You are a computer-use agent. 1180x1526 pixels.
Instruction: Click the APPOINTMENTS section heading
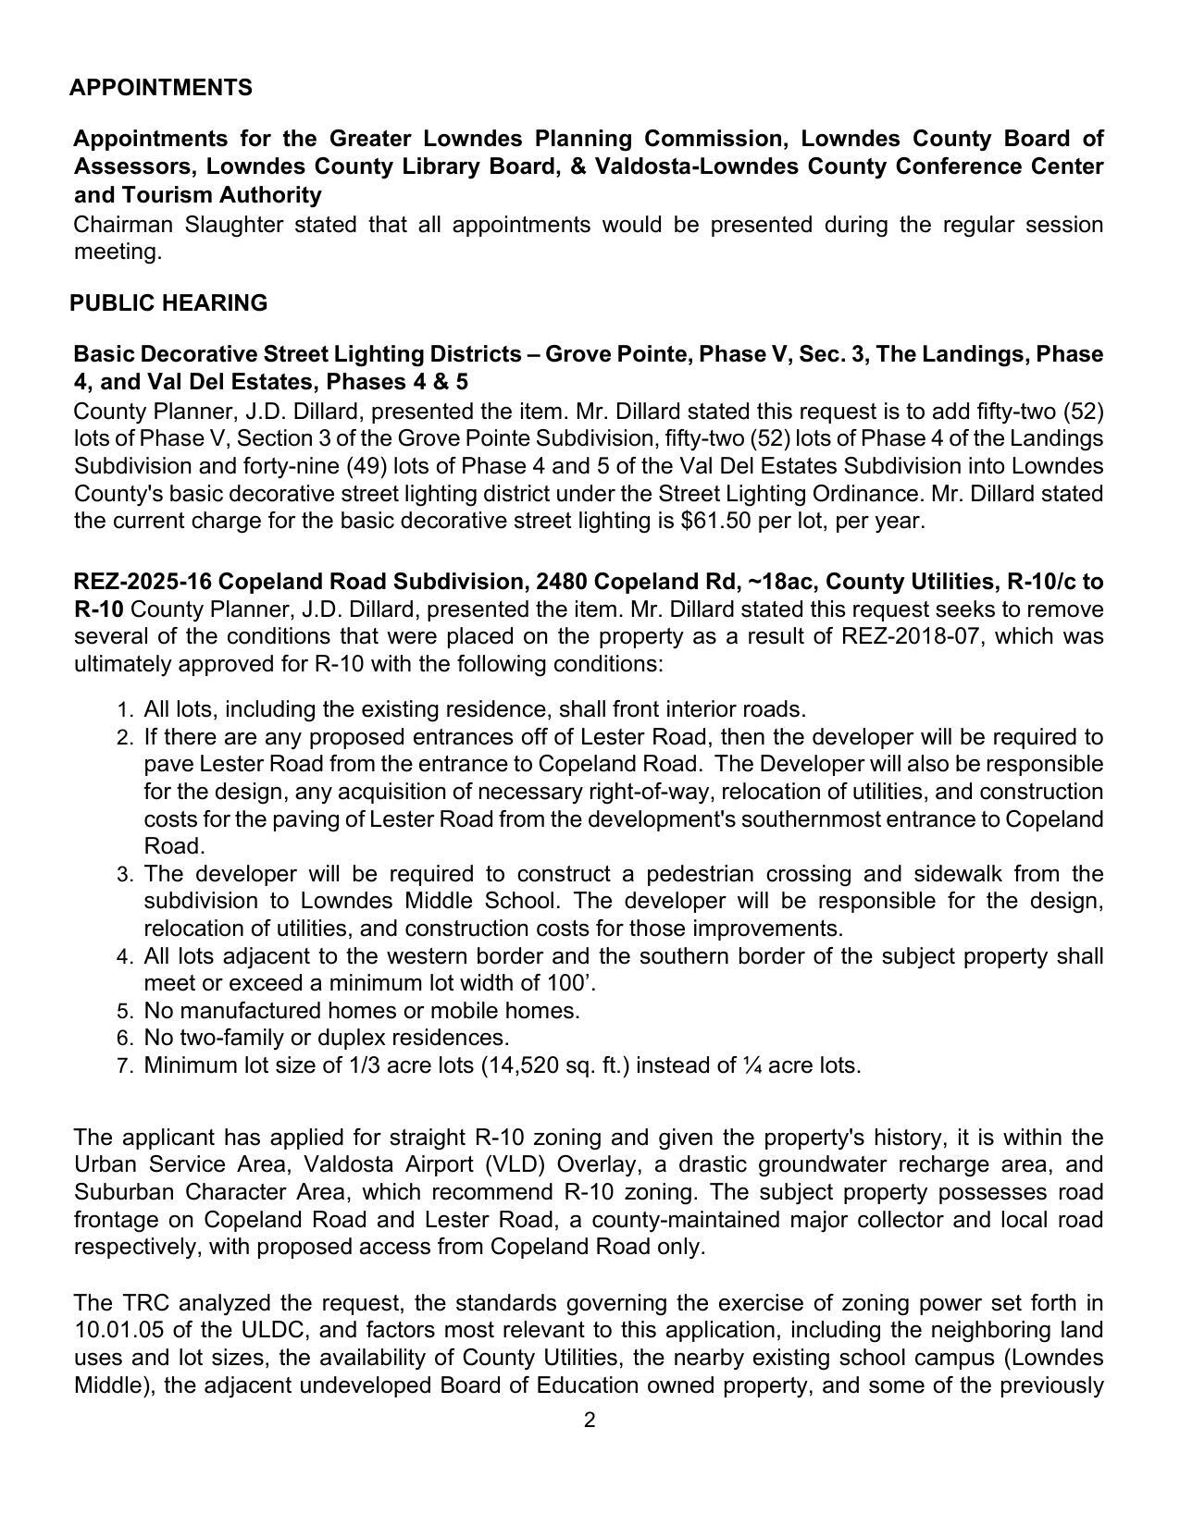click(160, 88)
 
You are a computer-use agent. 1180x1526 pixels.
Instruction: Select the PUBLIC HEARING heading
click(168, 303)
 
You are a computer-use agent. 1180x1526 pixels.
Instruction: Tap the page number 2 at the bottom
click(590, 1421)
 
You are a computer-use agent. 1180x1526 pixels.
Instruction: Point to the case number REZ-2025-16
click(143, 582)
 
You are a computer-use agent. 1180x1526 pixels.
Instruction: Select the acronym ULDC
click(245, 1330)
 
